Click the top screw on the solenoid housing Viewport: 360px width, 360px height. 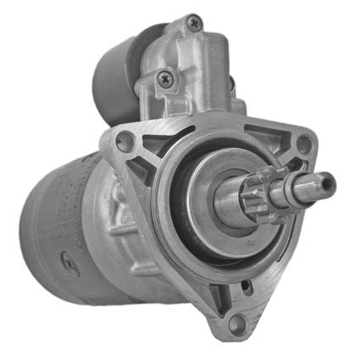[194, 25]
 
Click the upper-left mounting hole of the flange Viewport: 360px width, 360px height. [125, 143]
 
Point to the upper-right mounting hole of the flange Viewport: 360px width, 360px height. [302, 143]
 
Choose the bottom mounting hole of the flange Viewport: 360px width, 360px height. [236, 321]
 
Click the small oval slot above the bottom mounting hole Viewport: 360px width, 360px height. [222, 294]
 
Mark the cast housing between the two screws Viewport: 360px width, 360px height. [182, 55]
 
